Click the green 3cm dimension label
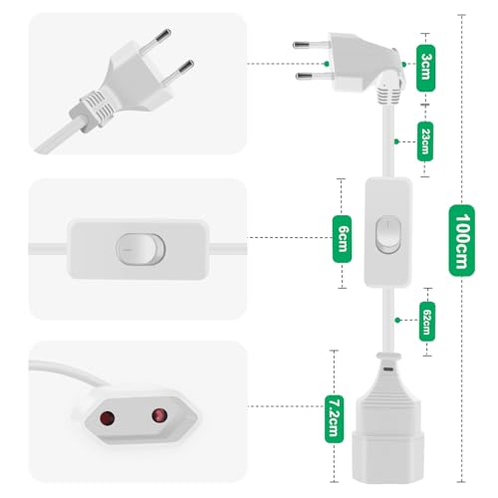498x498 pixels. click(425, 68)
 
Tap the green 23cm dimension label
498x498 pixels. click(425, 141)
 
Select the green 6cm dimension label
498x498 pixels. click(342, 239)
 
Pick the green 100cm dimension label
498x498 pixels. click(461, 241)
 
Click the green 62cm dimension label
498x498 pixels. click(427, 322)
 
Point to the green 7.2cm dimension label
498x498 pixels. click(334, 419)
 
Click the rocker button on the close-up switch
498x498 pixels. click(140, 249)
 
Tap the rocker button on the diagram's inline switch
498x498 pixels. click(388, 234)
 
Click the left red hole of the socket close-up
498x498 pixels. click(108, 418)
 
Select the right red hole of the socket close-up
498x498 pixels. click(159, 415)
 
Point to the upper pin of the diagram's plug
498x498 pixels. click(312, 45)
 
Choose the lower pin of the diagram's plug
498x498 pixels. click(314, 76)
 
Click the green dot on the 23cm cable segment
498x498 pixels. click(396, 141)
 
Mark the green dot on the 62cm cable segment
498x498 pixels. click(397, 320)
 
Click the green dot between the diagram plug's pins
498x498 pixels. click(327, 64)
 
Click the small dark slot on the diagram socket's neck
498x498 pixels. click(388, 369)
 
